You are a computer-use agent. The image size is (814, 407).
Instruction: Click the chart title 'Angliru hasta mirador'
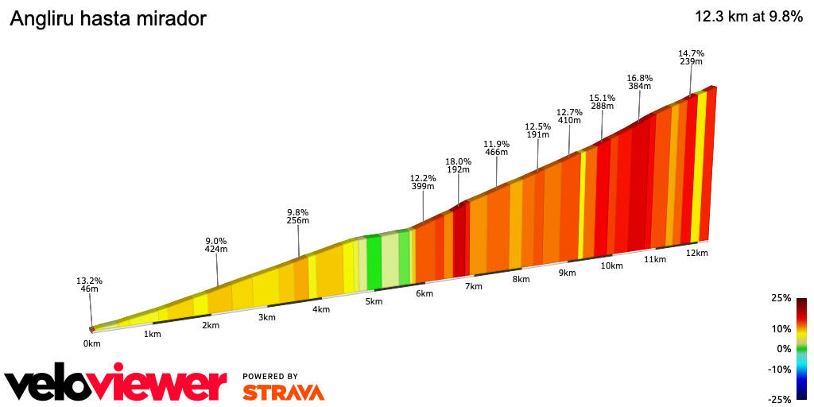pyautogui.click(x=107, y=19)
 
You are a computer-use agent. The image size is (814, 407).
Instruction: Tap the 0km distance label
pyautogui.click(x=92, y=343)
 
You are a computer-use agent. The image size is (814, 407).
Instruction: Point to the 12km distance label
pyautogui.click(x=696, y=253)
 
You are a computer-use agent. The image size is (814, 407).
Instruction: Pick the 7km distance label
pyautogui.click(x=474, y=286)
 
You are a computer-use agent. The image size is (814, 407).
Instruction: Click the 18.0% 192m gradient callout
pyautogui.click(x=458, y=165)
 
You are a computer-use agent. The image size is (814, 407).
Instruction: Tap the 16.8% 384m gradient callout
pyautogui.click(x=640, y=82)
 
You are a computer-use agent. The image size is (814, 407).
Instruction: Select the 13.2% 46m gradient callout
pyautogui.click(x=89, y=285)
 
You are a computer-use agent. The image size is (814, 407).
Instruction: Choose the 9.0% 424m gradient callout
pyautogui.click(x=216, y=245)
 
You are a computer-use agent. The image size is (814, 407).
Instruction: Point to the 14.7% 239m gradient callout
pyautogui.click(x=691, y=57)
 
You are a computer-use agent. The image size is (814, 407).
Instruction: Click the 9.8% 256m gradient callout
pyautogui.click(x=297, y=216)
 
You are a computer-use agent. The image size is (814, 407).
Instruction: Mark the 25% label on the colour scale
pyautogui.click(x=781, y=298)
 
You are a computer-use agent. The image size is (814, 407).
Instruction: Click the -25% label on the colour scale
pyautogui.click(x=780, y=399)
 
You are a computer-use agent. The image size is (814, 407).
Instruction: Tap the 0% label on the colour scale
pyautogui.click(x=784, y=348)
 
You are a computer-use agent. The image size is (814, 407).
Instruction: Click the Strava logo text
pyautogui.click(x=283, y=393)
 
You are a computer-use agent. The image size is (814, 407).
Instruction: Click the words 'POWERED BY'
pyautogui.click(x=270, y=376)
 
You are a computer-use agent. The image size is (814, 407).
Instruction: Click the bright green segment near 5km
pyautogui.click(x=374, y=262)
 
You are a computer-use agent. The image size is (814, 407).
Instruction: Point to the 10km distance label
pyautogui.click(x=611, y=266)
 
